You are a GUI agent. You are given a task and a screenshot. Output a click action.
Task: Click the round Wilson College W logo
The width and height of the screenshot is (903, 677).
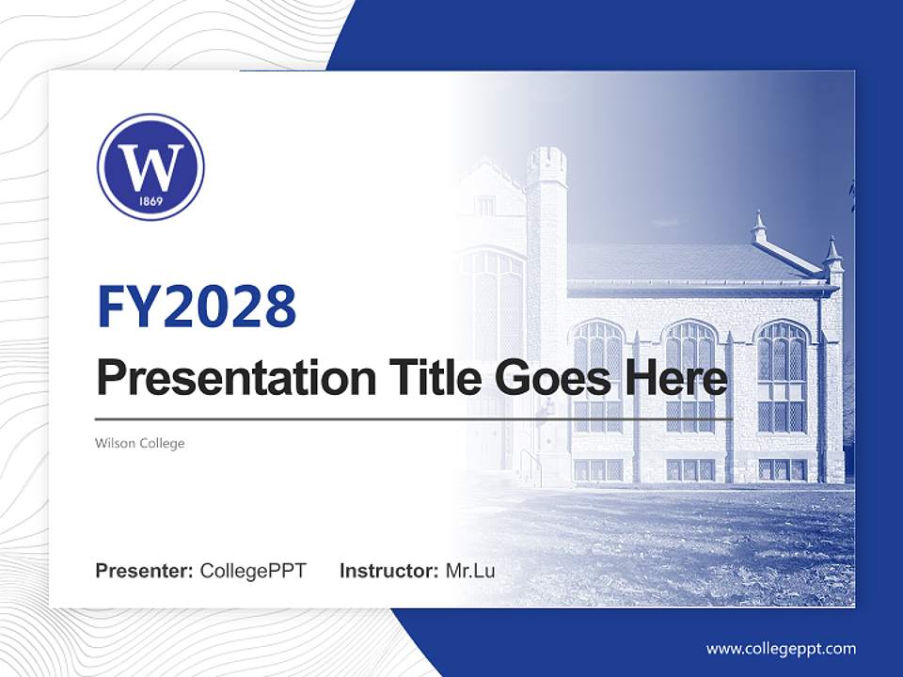tap(150, 167)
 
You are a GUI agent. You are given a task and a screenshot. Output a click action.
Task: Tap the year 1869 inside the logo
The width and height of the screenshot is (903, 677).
tap(150, 201)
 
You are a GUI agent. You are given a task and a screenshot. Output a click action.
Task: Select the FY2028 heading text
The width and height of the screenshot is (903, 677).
tap(197, 306)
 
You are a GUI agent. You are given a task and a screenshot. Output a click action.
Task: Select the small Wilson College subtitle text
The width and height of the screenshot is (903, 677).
tap(140, 443)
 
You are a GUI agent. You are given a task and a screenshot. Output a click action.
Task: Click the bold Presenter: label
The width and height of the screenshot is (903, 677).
tap(145, 571)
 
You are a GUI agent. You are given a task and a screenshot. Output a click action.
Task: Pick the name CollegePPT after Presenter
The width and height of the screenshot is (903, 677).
tap(253, 571)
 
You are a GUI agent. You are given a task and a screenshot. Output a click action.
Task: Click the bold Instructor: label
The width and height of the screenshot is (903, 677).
tap(388, 571)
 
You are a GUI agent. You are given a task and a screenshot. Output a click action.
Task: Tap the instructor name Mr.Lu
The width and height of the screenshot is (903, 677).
tap(470, 571)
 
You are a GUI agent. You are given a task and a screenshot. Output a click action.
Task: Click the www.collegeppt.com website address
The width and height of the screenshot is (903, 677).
tap(781, 649)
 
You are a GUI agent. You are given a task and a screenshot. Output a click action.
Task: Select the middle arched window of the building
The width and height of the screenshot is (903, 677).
tap(690, 376)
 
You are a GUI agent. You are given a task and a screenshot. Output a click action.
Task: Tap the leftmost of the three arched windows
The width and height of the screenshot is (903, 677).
tap(598, 376)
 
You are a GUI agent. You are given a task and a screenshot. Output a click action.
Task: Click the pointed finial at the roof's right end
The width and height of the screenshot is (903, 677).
tap(832, 248)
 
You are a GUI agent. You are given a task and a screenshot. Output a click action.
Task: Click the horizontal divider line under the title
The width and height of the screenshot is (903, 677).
tap(414, 418)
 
